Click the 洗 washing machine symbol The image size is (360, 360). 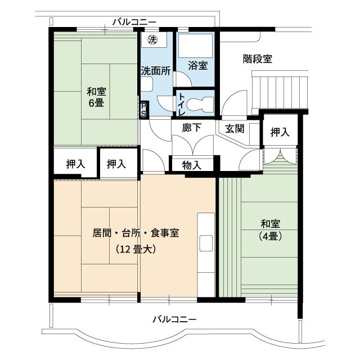152,40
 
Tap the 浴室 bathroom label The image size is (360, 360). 197,66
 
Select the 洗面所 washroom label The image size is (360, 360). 155,71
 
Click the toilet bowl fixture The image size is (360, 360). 200,103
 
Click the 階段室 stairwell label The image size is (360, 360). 258,58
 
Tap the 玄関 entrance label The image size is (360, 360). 235,128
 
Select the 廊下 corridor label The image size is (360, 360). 192,128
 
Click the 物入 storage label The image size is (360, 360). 192,165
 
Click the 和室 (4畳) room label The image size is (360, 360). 270,229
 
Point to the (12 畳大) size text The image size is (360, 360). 136,249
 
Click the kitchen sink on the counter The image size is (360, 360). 205,244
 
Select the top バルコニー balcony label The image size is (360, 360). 134,22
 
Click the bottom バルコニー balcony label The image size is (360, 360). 174,319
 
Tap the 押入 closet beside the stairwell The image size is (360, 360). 280,132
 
